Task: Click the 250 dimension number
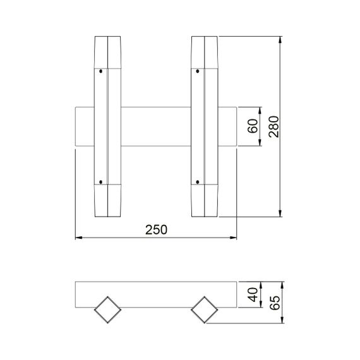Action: (156, 231)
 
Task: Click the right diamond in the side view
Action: (204, 310)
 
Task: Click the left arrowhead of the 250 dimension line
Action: (78, 238)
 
